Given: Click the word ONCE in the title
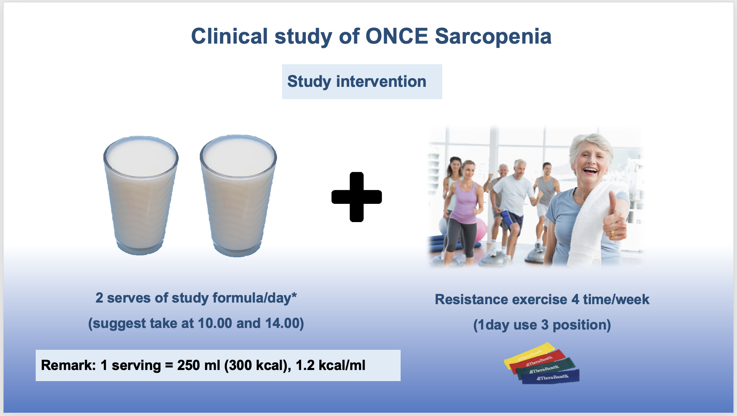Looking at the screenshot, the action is click(397, 36).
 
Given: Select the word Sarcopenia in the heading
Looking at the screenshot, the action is click(493, 37).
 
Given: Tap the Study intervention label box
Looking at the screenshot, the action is click(362, 82).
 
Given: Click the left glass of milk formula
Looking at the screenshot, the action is click(140, 195).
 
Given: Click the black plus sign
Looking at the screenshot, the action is click(357, 197).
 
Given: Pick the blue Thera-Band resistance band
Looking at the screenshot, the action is click(551, 377).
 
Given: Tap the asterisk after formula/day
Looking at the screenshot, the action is click(294, 295).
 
